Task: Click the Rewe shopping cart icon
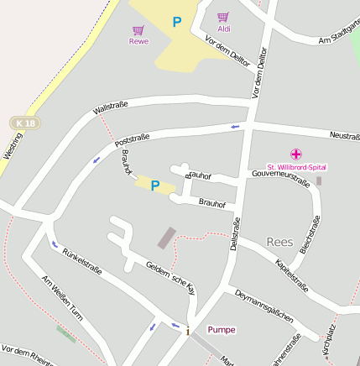pyautogui.click(x=138, y=30)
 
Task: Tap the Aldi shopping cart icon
pyautogui.click(x=223, y=17)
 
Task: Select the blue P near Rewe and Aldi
pyautogui.click(x=176, y=23)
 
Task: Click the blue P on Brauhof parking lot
pyautogui.click(x=154, y=186)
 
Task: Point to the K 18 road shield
pyautogui.click(x=25, y=123)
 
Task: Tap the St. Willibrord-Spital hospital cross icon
pyautogui.click(x=295, y=154)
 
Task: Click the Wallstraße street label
pyautogui.click(x=111, y=107)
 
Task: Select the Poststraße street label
pyautogui.click(x=132, y=137)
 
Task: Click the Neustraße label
pyautogui.click(x=344, y=134)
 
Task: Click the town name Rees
pyautogui.click(x=279, y=242)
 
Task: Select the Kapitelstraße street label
pyautogui.click(x=292, y=276)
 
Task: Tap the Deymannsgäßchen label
pyautogui.click(x=264, y=306)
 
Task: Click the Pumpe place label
pyautogui.click(x=222, y=329)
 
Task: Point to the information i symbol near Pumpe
pyautogui.click(x=187, y=330)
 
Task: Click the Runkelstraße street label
pyautogui.click(x=82, y=259)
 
